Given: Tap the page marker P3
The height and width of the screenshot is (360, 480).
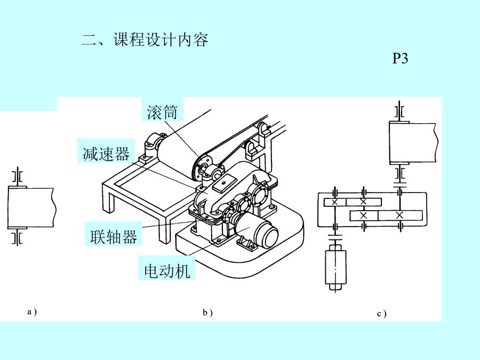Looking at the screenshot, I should tap(400, 59).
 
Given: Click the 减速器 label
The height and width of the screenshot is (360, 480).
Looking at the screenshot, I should tap(106, 154).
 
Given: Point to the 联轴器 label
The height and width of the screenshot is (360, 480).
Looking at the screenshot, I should tap(114, 236).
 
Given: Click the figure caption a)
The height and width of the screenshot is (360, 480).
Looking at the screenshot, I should tap(32, 311).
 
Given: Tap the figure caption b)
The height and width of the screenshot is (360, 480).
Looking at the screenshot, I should tap(207, 313).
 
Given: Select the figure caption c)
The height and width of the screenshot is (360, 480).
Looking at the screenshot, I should tap(381, 314).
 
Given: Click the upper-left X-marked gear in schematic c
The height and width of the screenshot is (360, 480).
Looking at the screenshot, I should tap(334, 202).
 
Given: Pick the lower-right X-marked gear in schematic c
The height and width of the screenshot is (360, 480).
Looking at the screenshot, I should tap(400, 215).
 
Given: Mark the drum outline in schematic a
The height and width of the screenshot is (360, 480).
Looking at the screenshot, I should tap(31, 207).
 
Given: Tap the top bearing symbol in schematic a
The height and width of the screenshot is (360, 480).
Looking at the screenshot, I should tap(18, 175).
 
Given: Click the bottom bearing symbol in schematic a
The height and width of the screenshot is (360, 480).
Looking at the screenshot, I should tap(18, 238).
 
